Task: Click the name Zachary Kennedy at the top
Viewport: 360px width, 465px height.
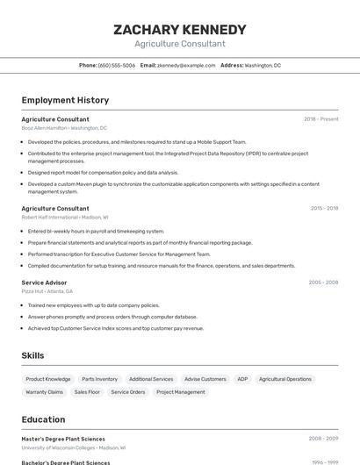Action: (180, 30)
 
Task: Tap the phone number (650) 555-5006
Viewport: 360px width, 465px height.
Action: (117, 65)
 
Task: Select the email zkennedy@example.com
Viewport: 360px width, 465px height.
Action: (186, 65)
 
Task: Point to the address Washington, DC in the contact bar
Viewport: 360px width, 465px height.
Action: (263, 65)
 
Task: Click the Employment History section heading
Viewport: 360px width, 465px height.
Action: (65, 100)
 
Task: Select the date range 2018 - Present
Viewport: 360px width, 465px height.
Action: (320, 119)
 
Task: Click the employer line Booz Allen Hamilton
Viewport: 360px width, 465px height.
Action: (64, 127)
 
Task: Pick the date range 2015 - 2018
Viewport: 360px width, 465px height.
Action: (324, 209)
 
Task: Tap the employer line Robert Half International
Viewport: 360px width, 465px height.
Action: (65, 217)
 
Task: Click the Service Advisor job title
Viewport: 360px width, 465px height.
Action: (44, 283)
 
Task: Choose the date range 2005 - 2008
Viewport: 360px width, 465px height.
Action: (323, 283)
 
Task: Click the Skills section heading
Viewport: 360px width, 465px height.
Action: (33, 355)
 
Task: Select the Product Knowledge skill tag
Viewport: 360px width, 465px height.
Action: (48, 379)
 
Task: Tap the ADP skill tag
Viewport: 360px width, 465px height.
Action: (242, 379)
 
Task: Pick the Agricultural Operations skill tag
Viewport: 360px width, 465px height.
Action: (285, 379)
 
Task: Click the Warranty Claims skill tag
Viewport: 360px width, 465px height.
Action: (44, 392)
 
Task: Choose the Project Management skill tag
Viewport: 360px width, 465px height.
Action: (181, 392)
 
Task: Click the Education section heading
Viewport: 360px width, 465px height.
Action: (43, 419)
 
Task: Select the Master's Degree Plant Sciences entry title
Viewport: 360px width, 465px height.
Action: (63, 439)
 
